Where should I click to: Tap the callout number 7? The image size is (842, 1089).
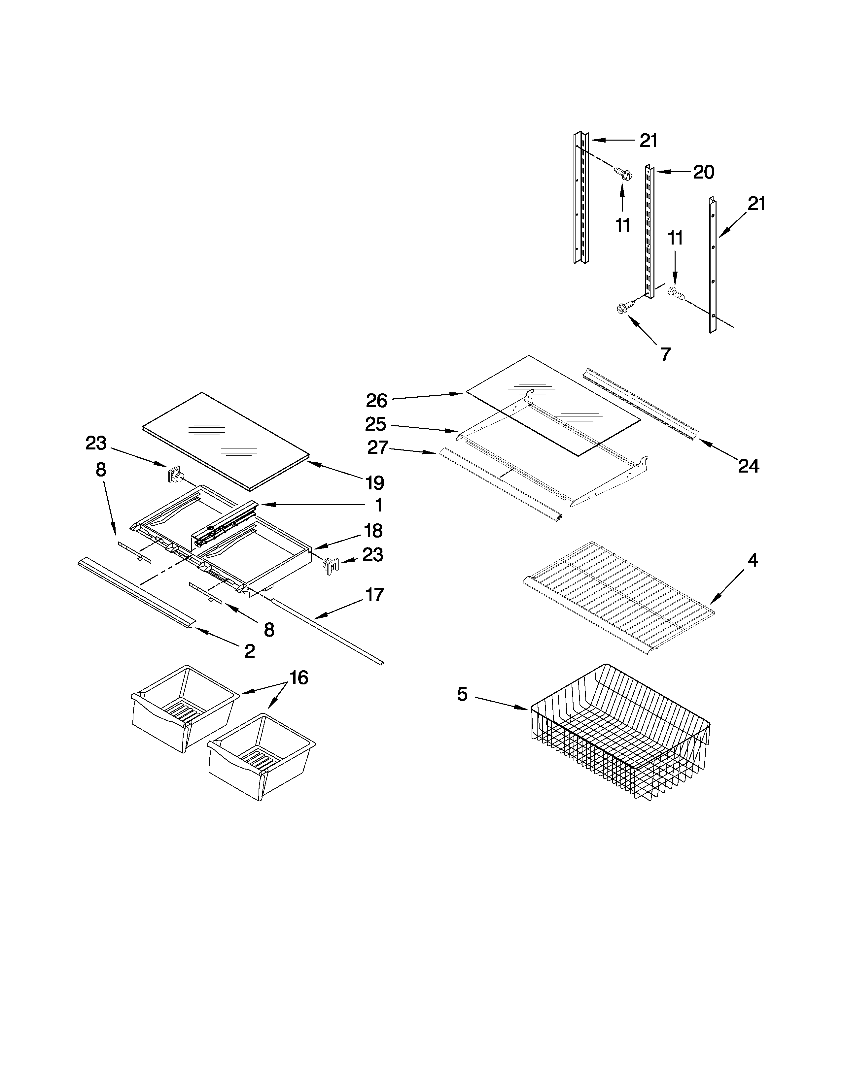[665, 354]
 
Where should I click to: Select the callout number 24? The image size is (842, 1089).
[748, 466]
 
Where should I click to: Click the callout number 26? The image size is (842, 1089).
[377, 400]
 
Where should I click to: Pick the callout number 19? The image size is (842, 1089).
[375, 483]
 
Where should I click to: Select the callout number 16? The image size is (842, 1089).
[298, 677]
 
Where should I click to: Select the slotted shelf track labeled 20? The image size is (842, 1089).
[649, 232]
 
